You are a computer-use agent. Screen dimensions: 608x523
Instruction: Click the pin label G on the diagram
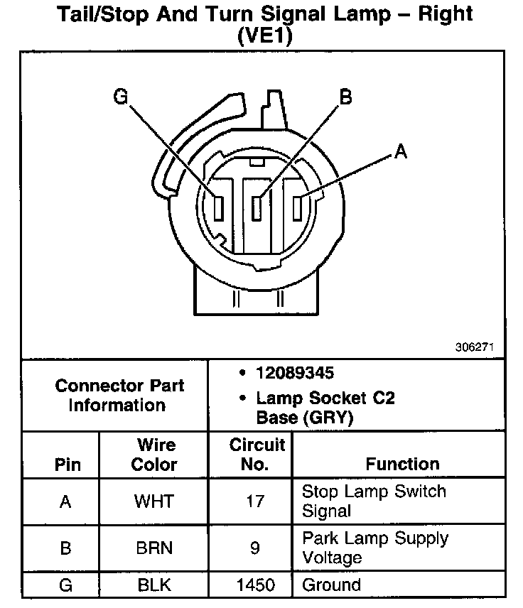(x=122, y=97)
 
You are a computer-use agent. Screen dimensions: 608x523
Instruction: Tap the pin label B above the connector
(x=346, y=97)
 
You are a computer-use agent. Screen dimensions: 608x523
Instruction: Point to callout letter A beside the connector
(x=401, y=151)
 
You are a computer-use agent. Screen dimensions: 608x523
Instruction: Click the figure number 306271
(x=475, y=348)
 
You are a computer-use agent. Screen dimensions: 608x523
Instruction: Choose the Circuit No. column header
(x=256, y=455)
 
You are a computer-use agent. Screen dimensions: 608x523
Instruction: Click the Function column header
(x=402, y=464)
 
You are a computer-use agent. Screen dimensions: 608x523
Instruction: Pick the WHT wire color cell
(x=153, y=501)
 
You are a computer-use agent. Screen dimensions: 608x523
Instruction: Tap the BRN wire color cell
(x=153, y=548)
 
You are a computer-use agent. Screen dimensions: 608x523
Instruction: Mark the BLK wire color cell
(x=153, y=585)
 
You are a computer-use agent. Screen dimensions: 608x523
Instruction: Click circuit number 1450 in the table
(x=255, y=585)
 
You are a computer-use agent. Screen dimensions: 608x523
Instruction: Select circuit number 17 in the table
(x=254, y=501)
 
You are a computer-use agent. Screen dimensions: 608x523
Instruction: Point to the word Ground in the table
(x=331, y=585)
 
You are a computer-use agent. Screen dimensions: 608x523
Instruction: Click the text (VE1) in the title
(x=264, y=35)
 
